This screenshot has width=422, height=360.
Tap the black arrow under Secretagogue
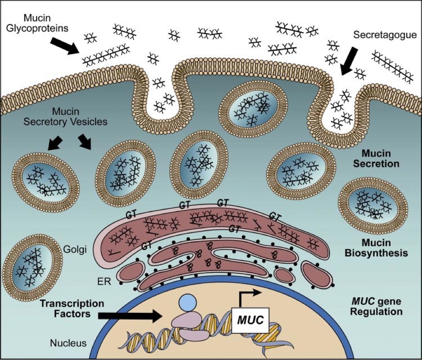[x=350, y=62]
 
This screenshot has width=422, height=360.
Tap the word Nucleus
[x=68, y=343]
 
